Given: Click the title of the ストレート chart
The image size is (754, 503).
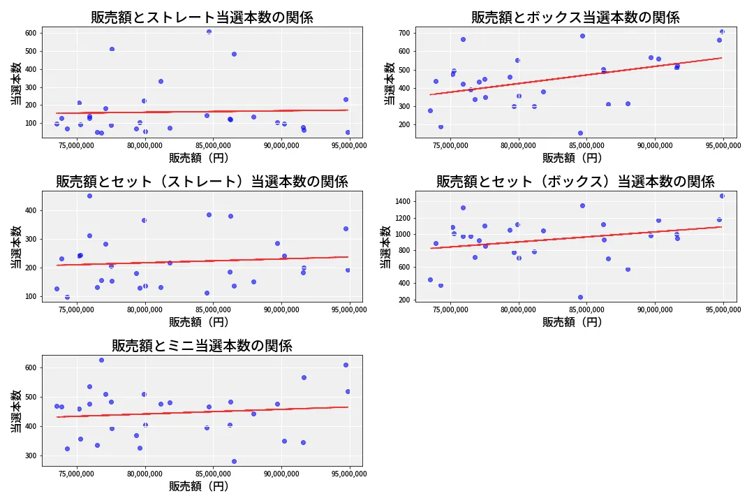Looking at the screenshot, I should point(202,17).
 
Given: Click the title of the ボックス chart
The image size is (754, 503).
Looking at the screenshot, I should point(575,17).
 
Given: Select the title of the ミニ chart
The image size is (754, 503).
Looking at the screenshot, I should point(202,346).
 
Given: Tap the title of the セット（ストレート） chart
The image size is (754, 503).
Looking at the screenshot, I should point(202,182).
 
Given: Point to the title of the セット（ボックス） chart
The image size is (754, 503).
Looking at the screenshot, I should point(575,182).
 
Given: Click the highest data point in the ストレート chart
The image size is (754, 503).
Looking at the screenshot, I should point(209,31).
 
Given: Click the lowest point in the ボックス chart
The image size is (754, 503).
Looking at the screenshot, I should point(580,133).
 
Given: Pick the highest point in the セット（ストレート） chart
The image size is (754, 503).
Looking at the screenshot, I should point(89,196).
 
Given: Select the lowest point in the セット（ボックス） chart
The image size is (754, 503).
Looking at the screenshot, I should point(580,297).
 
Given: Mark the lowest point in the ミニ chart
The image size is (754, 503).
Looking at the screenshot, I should point(234,461).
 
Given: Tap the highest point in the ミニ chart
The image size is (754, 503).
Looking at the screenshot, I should point(101,360).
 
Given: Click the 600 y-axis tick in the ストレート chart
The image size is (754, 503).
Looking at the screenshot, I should point(31,33).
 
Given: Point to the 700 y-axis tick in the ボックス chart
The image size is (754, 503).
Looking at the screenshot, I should point(404,33).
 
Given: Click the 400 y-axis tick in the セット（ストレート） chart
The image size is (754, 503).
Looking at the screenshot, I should point(31,210).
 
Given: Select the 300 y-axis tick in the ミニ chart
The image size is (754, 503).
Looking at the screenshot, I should point(31,455).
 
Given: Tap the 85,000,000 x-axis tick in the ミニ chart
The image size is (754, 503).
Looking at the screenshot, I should point(213,474).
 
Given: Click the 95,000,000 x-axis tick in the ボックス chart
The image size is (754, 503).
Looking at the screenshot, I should point(723,145).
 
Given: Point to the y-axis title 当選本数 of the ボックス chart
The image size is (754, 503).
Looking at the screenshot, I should point(390,83).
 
